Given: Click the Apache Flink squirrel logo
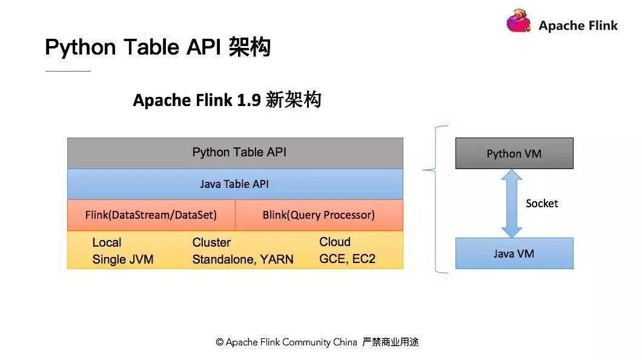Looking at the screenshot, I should (x=520, y=22).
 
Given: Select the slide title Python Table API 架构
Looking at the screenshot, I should (x=157, y=47).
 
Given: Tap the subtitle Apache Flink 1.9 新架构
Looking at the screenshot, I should (x=227, y=100).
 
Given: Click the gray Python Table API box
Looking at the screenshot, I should (x=235, y=153).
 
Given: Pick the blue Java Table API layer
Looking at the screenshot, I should (x=235, y=184).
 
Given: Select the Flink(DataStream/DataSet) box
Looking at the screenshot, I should (x=151, y=215).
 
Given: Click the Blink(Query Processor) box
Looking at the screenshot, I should (x=319, y=215).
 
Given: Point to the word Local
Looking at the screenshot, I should (x=107, y=242).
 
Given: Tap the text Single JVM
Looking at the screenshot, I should (x=123, y=259).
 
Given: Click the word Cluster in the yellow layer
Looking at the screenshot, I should (x=211, y=242).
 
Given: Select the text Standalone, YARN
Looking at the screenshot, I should (x=243, y=259).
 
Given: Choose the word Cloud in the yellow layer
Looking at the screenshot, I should (x=335, y=242).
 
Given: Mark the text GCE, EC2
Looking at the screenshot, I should (x=347, y=259).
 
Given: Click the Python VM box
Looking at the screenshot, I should (x=514, y=153).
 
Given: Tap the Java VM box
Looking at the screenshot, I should (x=514, y=253).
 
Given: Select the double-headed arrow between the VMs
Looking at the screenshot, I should (x=512, y=203).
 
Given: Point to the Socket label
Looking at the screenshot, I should (x=541, y=204).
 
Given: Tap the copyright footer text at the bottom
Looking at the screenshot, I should (x=317, y=342).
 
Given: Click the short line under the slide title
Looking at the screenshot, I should (x=68, y=71).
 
